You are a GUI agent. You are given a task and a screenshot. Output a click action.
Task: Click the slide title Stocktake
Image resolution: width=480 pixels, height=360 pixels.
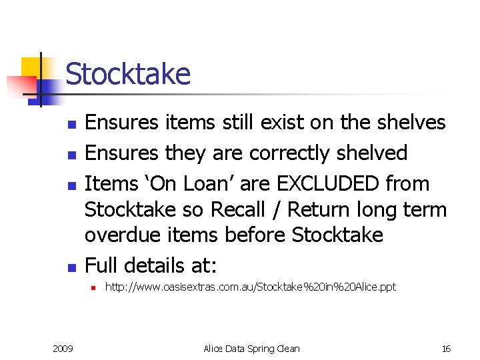pyautogui.click(x=128, y=74)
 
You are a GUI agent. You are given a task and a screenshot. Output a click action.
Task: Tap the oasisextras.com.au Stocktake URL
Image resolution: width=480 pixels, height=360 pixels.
pyautogui.click(x=250, y=287)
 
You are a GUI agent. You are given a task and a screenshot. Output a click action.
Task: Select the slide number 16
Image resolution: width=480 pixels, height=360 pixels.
pyautogui.click(x=446, y=349)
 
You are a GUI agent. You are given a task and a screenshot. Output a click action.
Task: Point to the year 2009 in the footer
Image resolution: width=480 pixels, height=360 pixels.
pyautogui.click(x=63, y=349)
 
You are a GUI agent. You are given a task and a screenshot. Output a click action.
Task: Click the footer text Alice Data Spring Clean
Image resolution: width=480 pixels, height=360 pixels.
pyautogui.click(x=251, y=349)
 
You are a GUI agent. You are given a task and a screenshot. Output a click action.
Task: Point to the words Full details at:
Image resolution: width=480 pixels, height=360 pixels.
pyautogui.click(x=151, y=265)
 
